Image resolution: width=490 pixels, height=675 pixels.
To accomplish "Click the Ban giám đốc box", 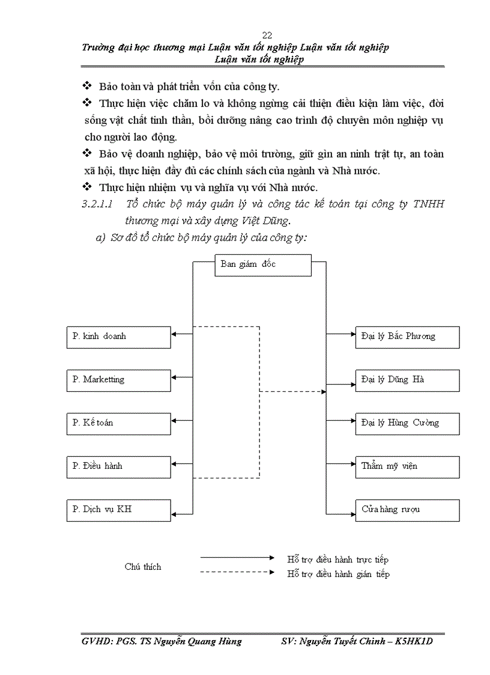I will click(263, 265).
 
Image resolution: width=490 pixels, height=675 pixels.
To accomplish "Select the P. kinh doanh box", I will click(118, 337).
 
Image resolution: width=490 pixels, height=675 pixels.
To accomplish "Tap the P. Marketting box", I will click(118, 380).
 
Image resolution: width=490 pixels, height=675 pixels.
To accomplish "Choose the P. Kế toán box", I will click(118, 423).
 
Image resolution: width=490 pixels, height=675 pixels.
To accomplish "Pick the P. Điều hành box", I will click(118, 466).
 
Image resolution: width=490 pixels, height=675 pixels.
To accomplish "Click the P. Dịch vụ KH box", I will click(118, 510).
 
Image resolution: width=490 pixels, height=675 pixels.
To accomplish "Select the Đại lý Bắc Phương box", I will click(407, 337).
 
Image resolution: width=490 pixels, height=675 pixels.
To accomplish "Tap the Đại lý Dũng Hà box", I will click(407, 380).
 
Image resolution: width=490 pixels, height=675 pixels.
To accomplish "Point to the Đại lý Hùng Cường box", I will click(407, 423).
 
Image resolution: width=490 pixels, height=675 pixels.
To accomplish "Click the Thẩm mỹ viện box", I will click(407, 466).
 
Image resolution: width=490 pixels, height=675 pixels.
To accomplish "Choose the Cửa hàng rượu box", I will click(407, 510).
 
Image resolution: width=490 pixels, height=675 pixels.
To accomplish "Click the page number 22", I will click(267, 35).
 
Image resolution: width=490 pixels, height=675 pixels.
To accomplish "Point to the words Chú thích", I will click(143, 567).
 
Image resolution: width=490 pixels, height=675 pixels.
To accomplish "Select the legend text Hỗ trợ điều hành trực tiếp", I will click(338, 560).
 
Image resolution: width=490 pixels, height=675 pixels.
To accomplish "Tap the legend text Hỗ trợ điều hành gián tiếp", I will click(339, 574).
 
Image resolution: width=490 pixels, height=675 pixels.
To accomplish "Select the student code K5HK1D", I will click(415, 641).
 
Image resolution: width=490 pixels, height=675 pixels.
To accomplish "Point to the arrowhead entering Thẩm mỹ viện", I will click(352, 466).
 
